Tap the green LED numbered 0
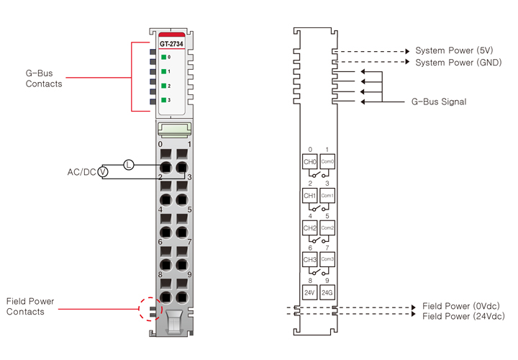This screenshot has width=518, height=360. [x=164, y=57]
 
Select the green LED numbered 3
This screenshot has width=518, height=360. [x=164, y=100]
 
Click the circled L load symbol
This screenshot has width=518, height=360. [x=129, y=165]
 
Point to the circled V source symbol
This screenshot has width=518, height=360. [x=103, y=172]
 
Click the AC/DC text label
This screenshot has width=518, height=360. [x=81, y=172]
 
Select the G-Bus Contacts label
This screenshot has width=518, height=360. [x=44, y=78]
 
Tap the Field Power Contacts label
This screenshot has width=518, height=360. [x=30, y=306]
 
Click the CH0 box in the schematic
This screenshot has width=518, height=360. [x=310, y=162]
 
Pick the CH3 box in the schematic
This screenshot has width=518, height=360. [x=310, y=259]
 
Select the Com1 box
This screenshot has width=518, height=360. [x=327, y=195]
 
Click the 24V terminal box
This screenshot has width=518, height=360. [x=310, y=292]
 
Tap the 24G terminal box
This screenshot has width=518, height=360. [x=327, y=292]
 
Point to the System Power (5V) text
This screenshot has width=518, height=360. [x=455, y=51]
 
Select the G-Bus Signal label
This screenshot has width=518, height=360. [x=438, y=102]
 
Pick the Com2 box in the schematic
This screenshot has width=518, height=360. [x=327, y=228]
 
